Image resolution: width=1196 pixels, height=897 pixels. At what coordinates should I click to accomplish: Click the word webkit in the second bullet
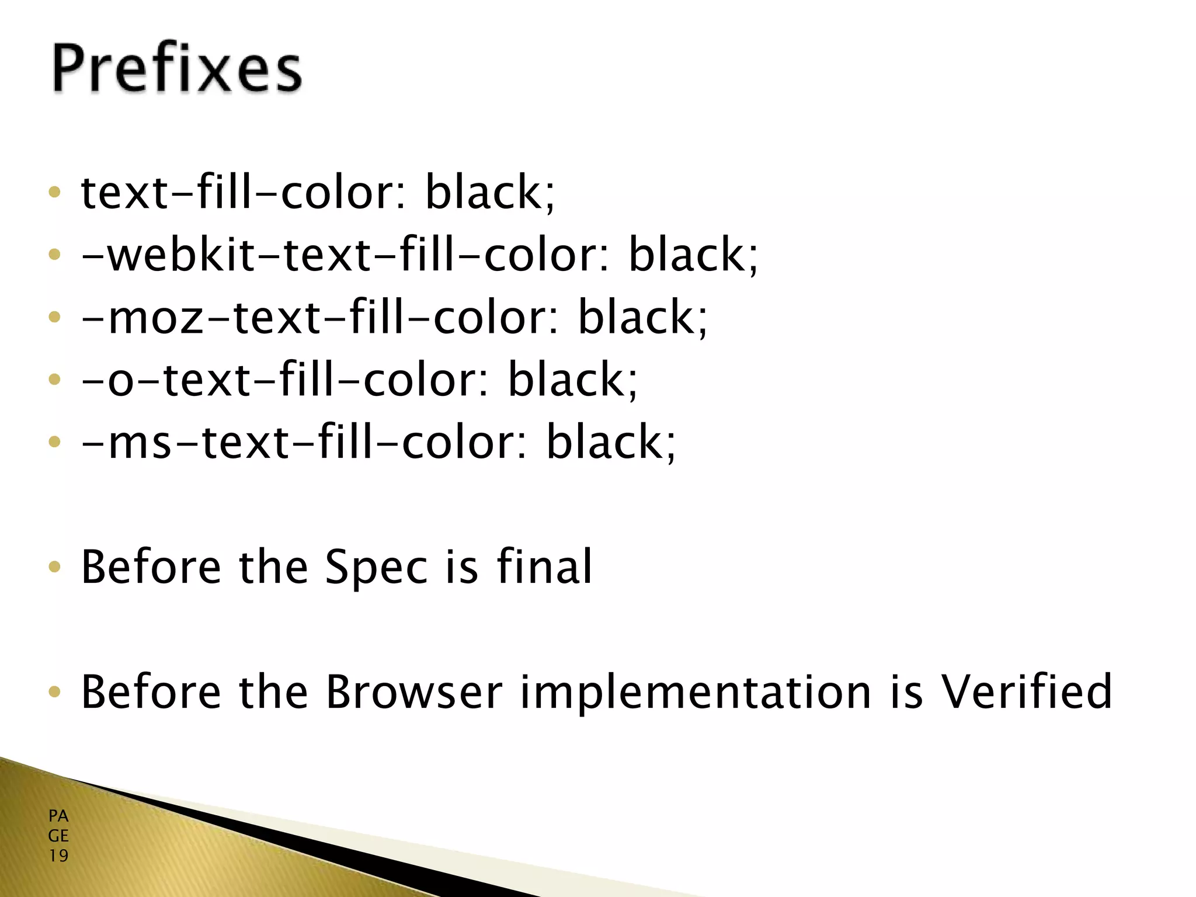coord(181,255)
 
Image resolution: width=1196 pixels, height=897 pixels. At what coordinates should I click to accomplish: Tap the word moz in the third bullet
coord(155,318)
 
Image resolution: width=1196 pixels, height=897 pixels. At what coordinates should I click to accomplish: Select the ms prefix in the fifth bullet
coord(140,443)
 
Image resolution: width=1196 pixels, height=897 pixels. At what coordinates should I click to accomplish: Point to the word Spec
coord(376,568)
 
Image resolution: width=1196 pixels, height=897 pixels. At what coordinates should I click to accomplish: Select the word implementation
coord(695,693)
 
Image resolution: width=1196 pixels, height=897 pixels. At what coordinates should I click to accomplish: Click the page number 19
coord(58,856)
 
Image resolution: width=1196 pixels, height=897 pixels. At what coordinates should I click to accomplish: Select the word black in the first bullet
coord(485,192)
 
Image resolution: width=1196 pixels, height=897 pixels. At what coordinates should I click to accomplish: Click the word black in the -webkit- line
coord(688,255)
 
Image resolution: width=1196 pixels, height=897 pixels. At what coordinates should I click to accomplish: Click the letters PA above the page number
coord(58,816)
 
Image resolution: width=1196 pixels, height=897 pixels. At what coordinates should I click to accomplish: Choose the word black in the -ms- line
coord(605,443)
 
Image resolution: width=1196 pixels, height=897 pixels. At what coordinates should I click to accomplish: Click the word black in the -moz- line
coord(637,318)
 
